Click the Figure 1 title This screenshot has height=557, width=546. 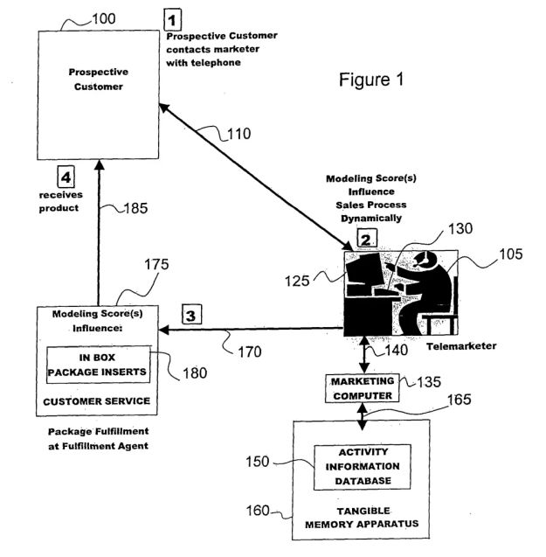[x=371, y=80]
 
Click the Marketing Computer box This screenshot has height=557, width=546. [x=361, y=387]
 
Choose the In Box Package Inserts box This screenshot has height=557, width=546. [x=97, y=364]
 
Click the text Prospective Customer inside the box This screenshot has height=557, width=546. [x=98, y=80]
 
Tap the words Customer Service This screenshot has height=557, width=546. [x=97, y=401]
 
